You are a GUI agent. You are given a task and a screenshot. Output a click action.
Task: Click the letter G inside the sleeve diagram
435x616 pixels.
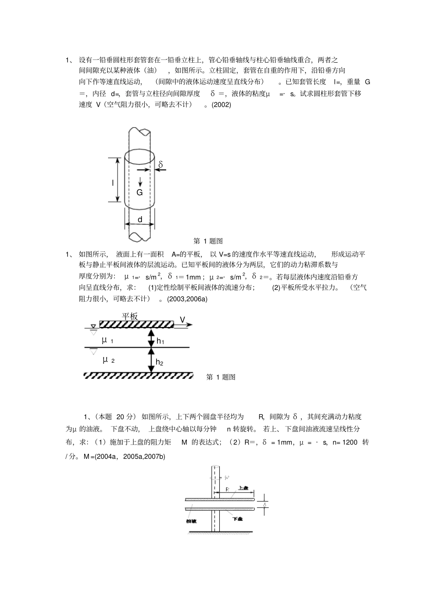pyautogui.click(x=140, y=192)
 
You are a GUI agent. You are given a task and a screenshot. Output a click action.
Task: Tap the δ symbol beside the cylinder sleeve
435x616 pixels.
pyautogui.click(x=161, y=164)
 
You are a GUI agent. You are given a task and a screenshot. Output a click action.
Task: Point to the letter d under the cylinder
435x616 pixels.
pyautogui.click(x=140, y=219)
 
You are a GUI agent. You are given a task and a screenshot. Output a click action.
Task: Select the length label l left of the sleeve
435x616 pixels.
pyautogui.click(x=113, y=183)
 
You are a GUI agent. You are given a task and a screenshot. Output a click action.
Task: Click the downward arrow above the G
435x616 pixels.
pyautogui.click(x=140, y=181)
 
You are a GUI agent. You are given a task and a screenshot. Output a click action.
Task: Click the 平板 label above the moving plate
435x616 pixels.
pyautogui.click(x=130, y=316)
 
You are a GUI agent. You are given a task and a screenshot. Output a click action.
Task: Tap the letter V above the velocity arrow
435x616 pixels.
pyautogui.click(x=182, y=319)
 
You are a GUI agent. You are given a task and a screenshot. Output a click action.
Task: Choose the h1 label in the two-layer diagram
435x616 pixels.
pyautogui.click(x=160, y=341)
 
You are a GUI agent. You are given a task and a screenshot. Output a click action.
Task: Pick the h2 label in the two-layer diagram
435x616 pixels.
pyautogui.click(x=159, y=362)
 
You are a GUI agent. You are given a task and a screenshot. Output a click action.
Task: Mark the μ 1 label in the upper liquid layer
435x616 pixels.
pyautogui.click(x=108, y=340)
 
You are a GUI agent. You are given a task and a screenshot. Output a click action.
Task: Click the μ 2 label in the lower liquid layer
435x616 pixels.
pyautogui.click(x=109, y=360)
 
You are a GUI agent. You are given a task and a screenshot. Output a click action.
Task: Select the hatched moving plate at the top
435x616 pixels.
pyautogui.click(x=136, y=324)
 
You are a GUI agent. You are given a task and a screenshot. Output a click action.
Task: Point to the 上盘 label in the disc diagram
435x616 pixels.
pyautogui.click(x=243, y=489)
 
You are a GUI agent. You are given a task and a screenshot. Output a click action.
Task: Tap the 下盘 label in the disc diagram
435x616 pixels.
pyautogui.click(x=238, y=519)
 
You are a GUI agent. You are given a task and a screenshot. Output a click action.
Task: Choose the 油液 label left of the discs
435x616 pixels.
pyautogui.click(x=190, y=521)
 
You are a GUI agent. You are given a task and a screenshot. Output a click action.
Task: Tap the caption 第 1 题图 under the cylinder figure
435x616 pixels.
pyautogui.click(x=208, y=241)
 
